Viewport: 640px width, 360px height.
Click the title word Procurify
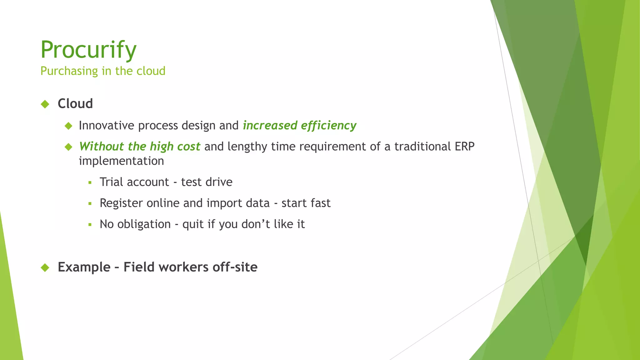(x=88, y=50)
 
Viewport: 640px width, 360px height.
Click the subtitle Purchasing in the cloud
(x=103, y=71)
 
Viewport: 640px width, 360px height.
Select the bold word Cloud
(x=75, y=104)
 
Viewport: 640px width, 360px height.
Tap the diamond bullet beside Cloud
(x=45, y=104)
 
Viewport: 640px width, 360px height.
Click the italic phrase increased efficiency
(x=299, y=125)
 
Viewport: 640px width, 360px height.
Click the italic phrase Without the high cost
(x=139, y=147)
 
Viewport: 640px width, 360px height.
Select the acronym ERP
(x=464, y=147)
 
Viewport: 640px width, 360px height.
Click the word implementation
(x=121, y=161)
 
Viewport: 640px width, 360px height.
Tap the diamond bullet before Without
(x=68, y=147)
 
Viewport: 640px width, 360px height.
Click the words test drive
(x=207, y=182)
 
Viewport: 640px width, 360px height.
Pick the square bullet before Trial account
(x=90, y=182)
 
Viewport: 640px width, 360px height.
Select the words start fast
(x=306, y=203)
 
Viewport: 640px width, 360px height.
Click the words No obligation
(x=135, y=224)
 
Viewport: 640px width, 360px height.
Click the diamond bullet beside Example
(x=45, y=267)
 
